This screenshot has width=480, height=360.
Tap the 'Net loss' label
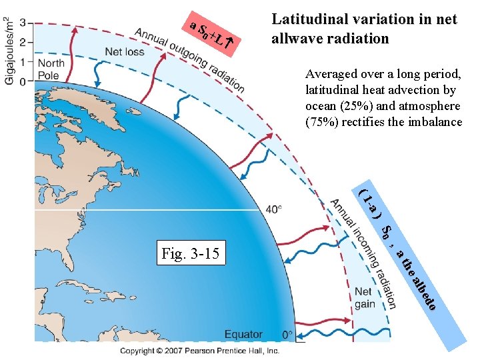[x=124, y=51]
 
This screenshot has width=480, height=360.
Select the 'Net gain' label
[x=364, y=297]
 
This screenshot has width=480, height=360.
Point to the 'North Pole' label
[x=51, y=69]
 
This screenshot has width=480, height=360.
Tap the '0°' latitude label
[x=287, y=335]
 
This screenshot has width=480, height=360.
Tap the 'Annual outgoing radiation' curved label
[x=189, y=59]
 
